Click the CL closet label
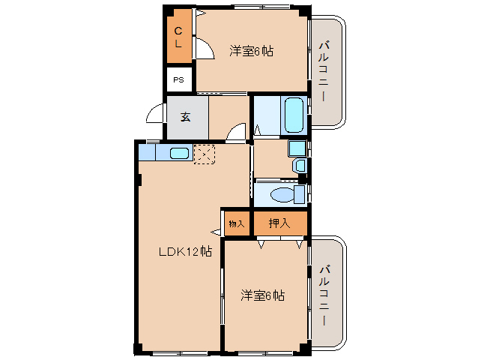pyautogui.click(x=178, y=37)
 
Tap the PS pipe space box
pyautogui.click(x=179, y=79)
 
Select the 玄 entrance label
pyautogui.click(x=186, y=116)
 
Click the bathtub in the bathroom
pyautogui.click(x=294, y=115)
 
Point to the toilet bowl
pyautogui.click(x=283, y=195)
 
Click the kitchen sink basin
pyautogui.click(x=179, y=153)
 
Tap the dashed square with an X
pyautogui.click(x=205, y=154)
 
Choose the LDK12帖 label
pyautogui.click(x=185, y=252)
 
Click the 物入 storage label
pyautogui.click(x=237, y=223)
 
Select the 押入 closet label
pyautogui.click(x=279, y=223)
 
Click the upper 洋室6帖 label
pyautogui.click(x=251, y=51)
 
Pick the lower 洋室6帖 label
pyautogui.click(x=262, y=295)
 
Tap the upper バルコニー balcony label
pyautogui.click(x=324, y=71)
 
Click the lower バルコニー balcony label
pyautogui.click(x=324, y=295)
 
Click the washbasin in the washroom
pyautogui.click(x=300, y=165)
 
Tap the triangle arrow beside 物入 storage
pyautogui.click(x=216, y=232)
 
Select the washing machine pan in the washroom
pyautogui.click(x=297, y=148)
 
